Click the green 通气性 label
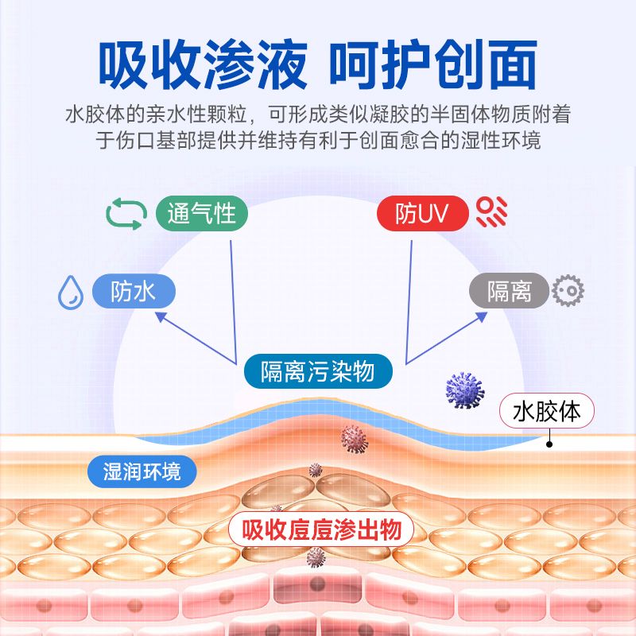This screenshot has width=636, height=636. point(202,213)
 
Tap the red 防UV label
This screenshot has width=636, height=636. point(421,213)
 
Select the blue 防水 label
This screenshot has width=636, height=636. point(133,292)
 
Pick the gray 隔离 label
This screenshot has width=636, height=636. point(509,292)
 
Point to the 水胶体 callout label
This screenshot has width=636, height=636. point(547,412)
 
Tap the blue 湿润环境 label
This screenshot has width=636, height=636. point(142,471)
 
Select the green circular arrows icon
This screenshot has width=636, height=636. point(126,213)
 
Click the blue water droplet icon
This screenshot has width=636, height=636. point(71,292)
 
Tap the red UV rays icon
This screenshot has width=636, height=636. point(491,212)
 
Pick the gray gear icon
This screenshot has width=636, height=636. point(568,291)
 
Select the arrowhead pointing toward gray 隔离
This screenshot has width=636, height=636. point(482,316)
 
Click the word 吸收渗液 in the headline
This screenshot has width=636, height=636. point(202,64)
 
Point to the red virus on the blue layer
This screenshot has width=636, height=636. point(354,437)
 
